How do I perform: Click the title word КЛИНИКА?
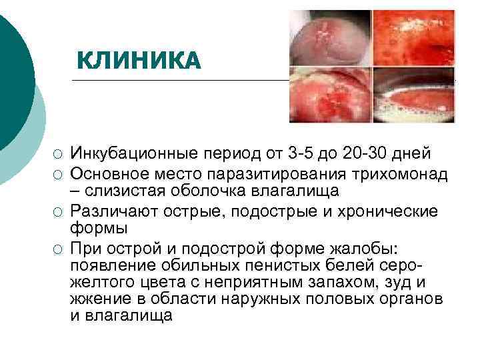[138, 61]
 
